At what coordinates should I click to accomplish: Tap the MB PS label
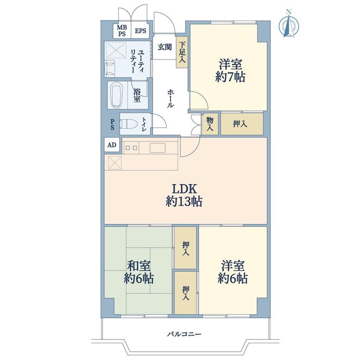click(122, 31)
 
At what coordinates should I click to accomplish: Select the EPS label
click(140, 31)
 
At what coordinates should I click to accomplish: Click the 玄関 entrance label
click(165, 47)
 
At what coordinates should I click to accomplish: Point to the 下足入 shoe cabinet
click(182, 52)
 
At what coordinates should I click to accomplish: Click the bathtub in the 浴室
click(116, 95)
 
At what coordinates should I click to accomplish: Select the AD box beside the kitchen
click(112, 145)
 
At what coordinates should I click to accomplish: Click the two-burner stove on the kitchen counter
click(131, 148)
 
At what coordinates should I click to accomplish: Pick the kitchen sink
click(157, 148)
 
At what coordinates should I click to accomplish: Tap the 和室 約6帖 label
click(139, 272)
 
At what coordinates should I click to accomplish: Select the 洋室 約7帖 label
click(230, 70)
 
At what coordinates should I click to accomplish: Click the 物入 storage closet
click(210, 124)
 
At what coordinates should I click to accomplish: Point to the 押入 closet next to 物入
click(242, 124)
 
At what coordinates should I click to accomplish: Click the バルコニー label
click(184, 334)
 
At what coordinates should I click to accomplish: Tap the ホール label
click(171, 99)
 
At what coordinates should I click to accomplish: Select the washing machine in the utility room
click(111, 69)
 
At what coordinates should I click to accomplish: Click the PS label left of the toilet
click(112, 124)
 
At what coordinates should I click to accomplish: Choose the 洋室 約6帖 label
click(233, 272)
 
